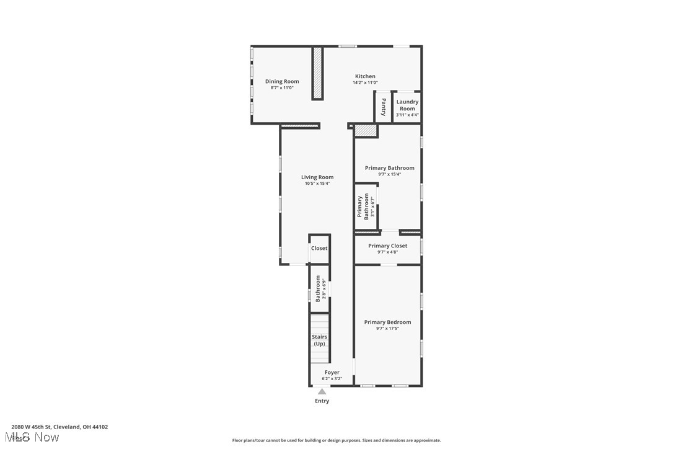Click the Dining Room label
point(282,81)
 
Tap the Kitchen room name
point(365,76)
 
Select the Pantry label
point(384,107)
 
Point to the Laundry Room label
point(407,105)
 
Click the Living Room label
point(317,177)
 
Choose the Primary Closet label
point(387,246)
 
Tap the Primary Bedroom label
point(387,322)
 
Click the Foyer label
point(332,372)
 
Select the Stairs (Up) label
point(319,340)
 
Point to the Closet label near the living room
point(319,248)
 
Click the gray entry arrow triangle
point(322,391)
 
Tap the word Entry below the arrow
point(322,401)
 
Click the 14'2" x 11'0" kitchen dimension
point(365,82)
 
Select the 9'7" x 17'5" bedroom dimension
point(387,328)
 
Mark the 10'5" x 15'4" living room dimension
point(317,184)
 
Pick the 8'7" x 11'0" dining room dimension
point(282,87)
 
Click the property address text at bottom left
point(59,427)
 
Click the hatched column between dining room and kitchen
point(317,73)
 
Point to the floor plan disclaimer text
point(336,440)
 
